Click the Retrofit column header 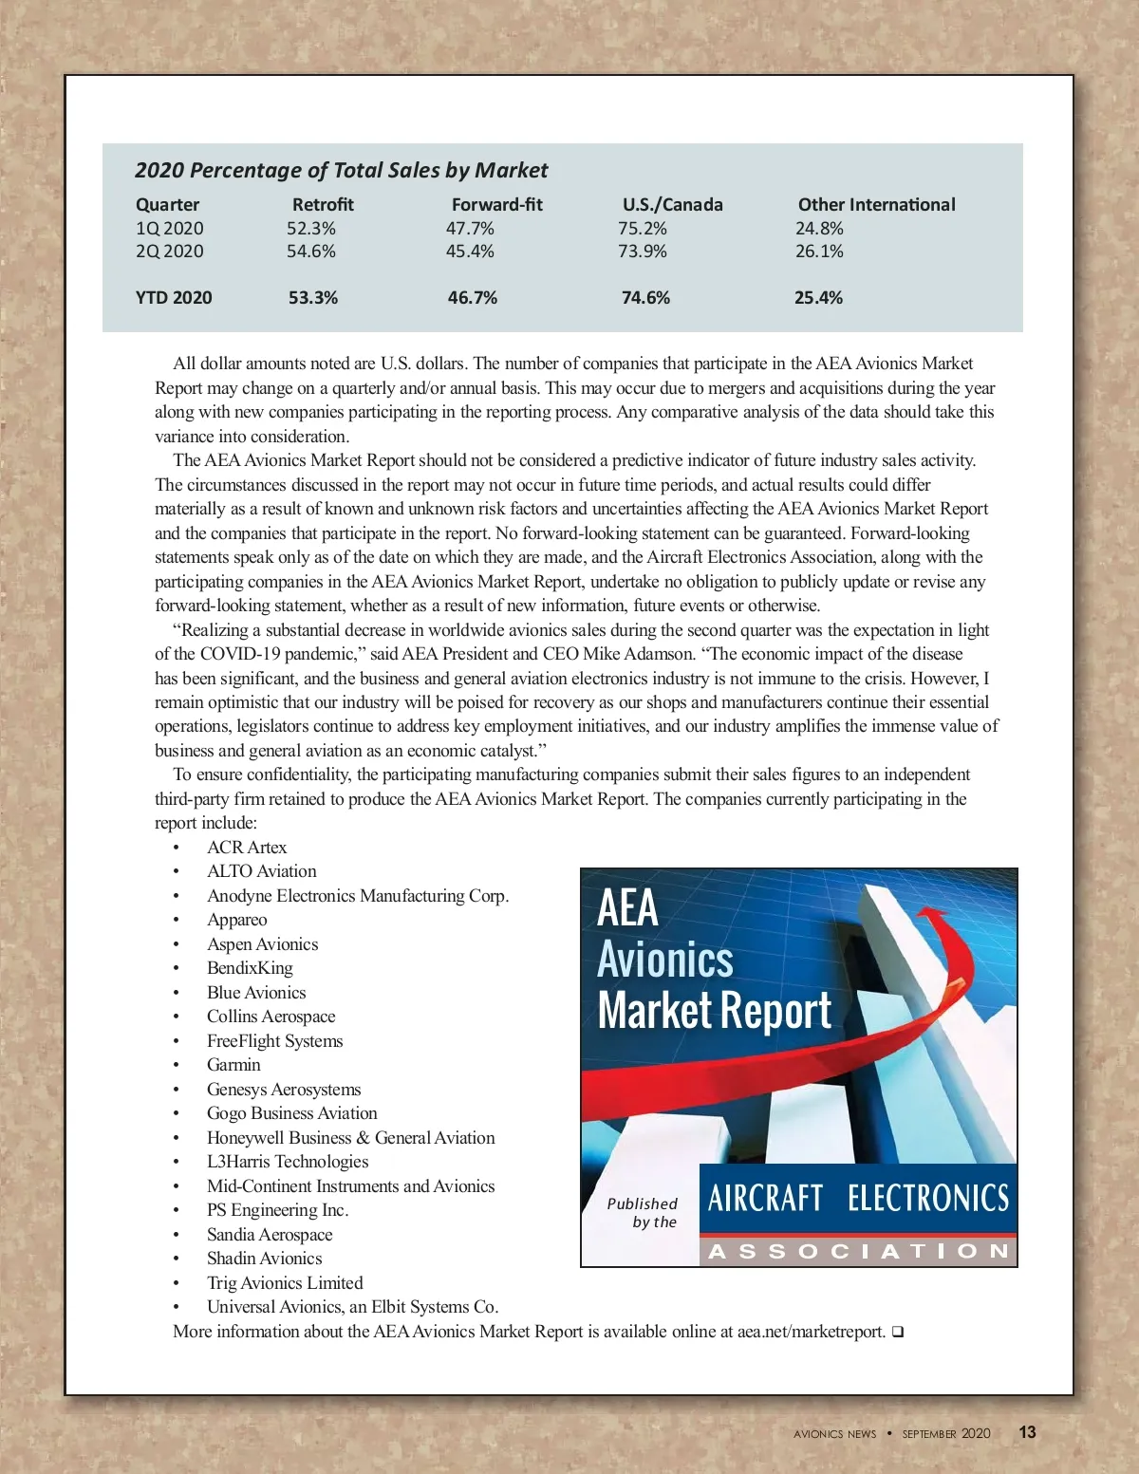coord(323,204)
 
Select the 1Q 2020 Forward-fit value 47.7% coord(470,229)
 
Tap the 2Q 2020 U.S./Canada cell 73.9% coord(643,252)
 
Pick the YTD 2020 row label coord(174,298)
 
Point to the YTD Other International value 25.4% coord(818,298)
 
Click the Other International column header coord(876,204)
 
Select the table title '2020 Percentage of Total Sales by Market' coord(341,170)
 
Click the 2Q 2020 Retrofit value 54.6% coord(311,252)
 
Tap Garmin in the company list coord(233,1065)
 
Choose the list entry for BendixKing coord(250,968)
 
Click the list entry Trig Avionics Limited coord(285,1283)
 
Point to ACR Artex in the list coord(247,848)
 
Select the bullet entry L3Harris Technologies coord(288,1162)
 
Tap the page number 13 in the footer coord(1027,1432)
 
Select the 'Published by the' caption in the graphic coord(643,1213)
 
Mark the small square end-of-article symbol coord(898,1333)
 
